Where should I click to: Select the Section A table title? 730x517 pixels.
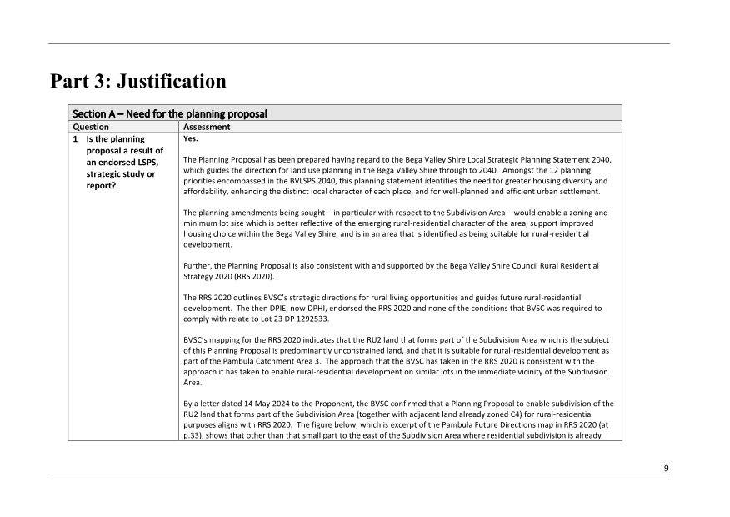[169, 113]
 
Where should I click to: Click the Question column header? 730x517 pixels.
[91, 128]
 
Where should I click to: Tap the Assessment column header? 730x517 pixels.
[207, 128]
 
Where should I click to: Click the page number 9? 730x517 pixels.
[666, 468]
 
